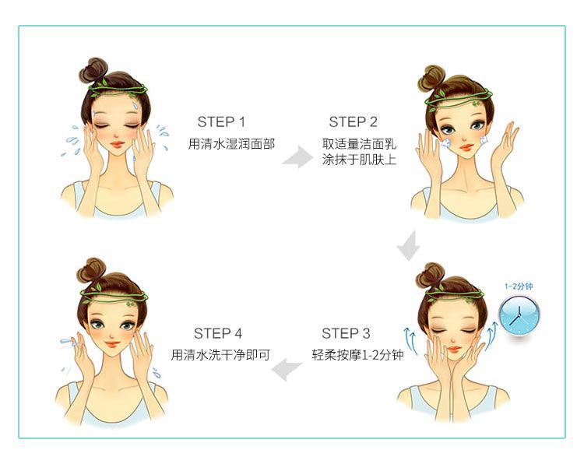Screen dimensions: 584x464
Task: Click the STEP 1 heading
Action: [222, 121]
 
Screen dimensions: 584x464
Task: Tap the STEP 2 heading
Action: [353, 121]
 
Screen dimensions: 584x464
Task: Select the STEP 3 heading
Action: [346, 333]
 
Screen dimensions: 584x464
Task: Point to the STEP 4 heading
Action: [218, 333]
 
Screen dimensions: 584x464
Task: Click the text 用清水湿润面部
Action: [231, 144]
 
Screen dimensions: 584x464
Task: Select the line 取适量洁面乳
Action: [360, 144]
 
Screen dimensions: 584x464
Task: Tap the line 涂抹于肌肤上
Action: [360, 160]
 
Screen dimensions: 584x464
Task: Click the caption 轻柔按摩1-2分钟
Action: [358, 355]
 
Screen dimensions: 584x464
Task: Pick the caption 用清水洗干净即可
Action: [220, 355]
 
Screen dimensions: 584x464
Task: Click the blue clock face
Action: [519, 315]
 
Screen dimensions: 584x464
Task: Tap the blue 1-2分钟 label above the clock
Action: [519, 286]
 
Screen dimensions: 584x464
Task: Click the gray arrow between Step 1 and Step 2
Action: [297, 156]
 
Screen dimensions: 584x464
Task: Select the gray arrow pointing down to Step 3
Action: [409, 246]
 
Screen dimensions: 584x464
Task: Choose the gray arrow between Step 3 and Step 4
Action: [287, 370]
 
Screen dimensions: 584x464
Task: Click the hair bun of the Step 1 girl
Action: [93, 70]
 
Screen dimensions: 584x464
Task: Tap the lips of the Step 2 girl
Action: [466, 147]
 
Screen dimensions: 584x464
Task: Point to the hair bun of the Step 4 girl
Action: [91, 270]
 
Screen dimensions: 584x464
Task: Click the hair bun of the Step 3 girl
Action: [430, 275]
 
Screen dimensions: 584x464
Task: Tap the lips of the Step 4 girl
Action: [112, 344]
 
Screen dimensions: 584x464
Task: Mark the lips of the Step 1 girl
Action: [118, 145]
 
